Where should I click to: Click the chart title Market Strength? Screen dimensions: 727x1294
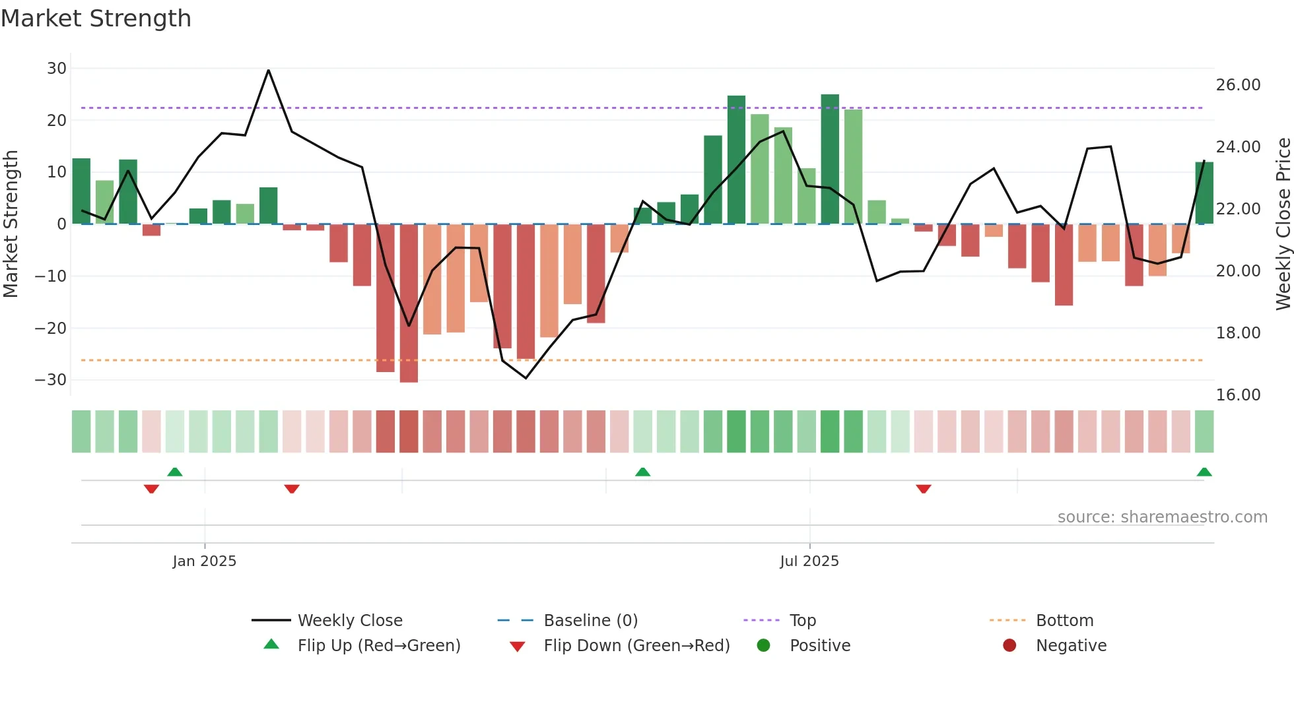(x=96, y=18)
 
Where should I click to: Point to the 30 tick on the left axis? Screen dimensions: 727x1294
(x=57, y=69)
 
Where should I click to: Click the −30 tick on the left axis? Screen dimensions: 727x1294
(x=51, y=380)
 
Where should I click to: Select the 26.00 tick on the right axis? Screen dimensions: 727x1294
(x=1238, y=85)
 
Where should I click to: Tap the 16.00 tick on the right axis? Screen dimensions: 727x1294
(x=1238, y=395)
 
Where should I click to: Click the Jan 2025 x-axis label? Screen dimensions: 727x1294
(x=204, y=561)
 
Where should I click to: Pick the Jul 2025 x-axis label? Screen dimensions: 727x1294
(x=809, y=561)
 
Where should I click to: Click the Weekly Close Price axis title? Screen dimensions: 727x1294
(x=1283, y=224)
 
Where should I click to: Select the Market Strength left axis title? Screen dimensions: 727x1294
(x=11, y=224)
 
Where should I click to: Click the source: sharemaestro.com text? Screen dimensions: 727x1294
(x=1162, y=517)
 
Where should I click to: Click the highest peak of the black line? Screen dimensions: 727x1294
(x=268, y=70)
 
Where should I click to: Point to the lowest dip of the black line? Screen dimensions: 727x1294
(x=526, y=378)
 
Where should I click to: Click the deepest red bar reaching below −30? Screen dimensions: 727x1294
(x=409, y=303)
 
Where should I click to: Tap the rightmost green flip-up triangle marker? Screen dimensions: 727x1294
(x=1204, y=472)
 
